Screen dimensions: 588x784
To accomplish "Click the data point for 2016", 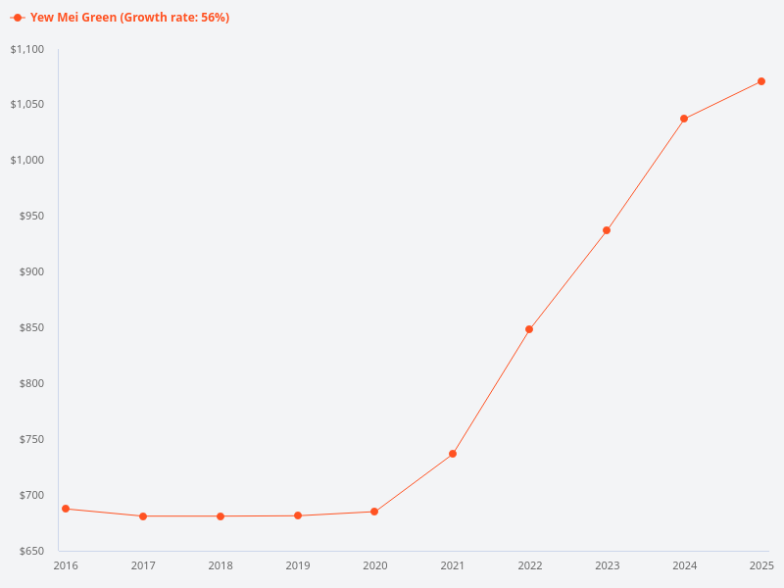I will point(66,509).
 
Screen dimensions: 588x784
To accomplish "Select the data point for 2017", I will point(143,516).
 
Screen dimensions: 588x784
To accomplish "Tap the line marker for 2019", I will point(298,515).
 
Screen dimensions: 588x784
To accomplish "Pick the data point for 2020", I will point(374,512).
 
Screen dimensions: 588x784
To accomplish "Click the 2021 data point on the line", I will point(453,454).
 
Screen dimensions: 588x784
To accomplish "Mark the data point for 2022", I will point(529,329).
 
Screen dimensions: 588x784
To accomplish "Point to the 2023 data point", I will point(607,230).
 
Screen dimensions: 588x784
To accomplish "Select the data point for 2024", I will point(684,119).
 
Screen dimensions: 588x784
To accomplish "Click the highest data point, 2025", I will point(761,81).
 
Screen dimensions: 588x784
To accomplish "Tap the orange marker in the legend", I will point(18,18).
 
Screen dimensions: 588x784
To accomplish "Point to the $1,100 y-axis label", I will point(27,49).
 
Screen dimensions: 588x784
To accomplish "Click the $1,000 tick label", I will point(27,161).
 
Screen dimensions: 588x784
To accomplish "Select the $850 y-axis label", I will point(32,327).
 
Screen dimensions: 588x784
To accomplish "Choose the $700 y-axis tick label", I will point(32,495).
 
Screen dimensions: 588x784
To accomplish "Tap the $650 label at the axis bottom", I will point(32,551).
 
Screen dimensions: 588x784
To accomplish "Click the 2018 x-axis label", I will point(220,565).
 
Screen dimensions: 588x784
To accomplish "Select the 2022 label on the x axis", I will point(530,565).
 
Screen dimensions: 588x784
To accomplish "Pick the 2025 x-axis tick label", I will point(761,565).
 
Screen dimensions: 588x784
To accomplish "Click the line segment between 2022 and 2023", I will point(568,279).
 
